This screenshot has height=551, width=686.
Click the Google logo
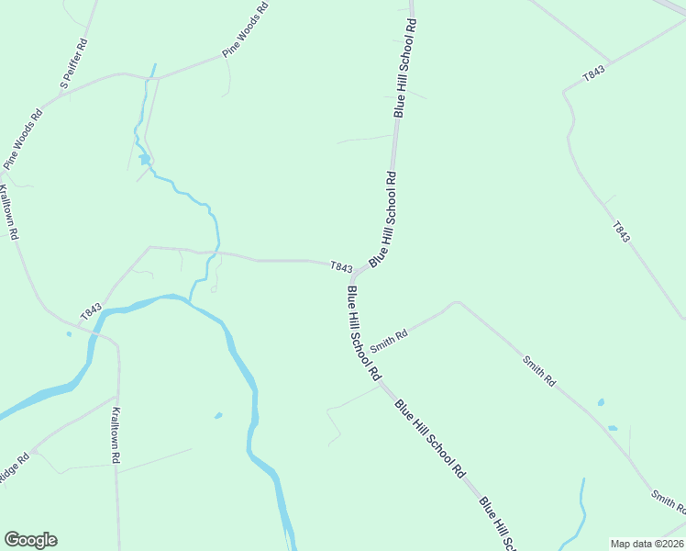point(30,540)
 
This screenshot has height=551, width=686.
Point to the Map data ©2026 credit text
point(647,543)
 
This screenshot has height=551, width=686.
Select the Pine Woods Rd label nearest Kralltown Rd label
point(23,140)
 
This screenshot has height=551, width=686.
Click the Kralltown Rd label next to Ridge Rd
point(116,434)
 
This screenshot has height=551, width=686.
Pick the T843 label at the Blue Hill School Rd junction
point(341,267)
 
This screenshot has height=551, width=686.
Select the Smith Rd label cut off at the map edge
point(668,501)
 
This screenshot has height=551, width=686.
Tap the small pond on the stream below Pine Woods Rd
point(144,159)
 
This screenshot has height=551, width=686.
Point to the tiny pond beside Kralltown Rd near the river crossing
point(69,334)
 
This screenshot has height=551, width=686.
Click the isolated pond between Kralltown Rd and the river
point(218,415)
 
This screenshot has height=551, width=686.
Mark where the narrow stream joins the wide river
point(191,298)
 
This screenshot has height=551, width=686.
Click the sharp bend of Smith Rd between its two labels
point(454,302)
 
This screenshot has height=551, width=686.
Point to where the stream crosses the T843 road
point(217,252)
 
